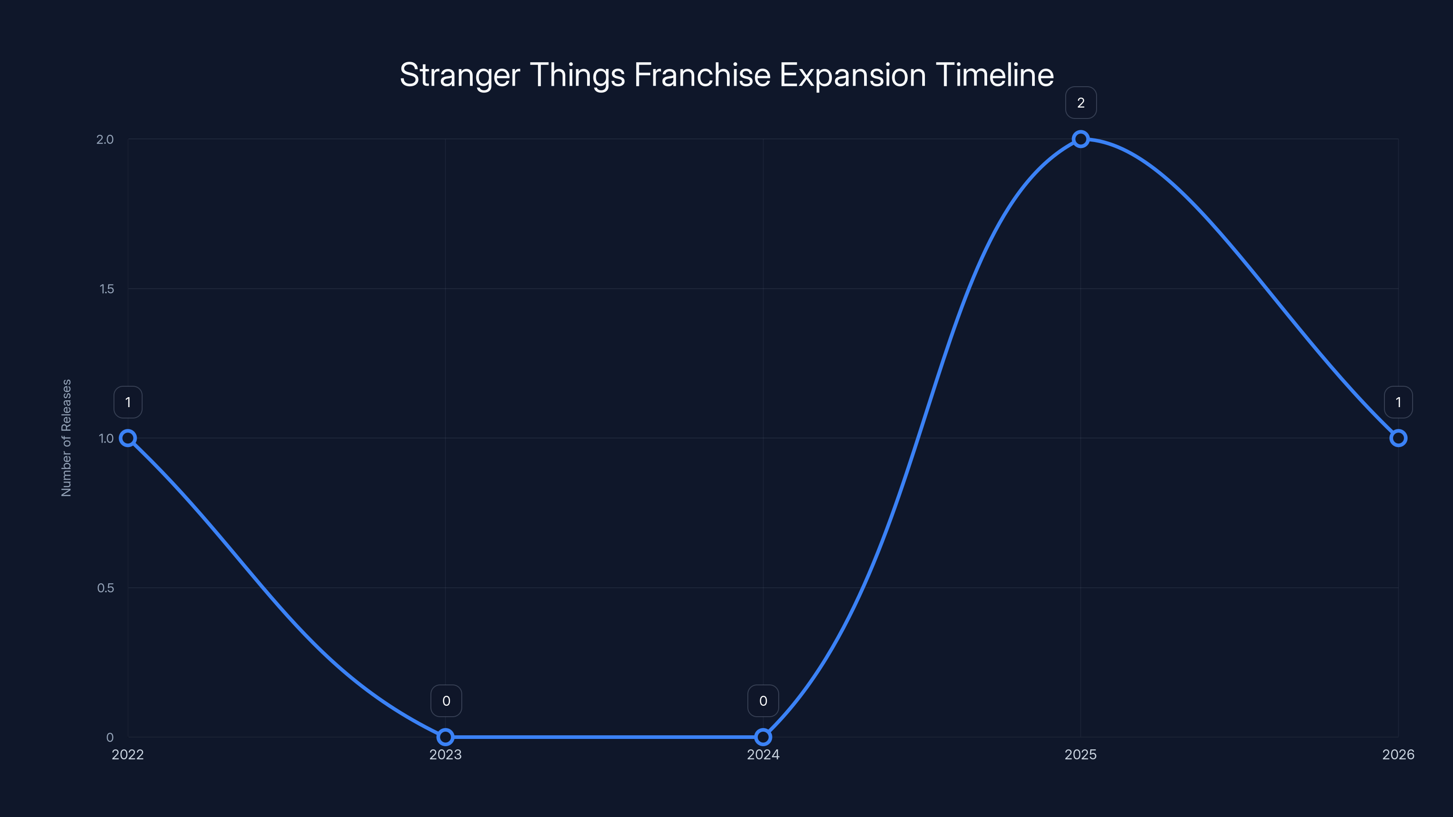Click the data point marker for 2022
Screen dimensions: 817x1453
point(128,438)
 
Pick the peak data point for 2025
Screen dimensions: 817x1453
point(1081,139)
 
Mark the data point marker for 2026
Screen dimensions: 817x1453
point(1399,438)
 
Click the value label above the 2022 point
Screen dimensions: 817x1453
point(128,402)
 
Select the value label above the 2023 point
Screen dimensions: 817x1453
point(446,701)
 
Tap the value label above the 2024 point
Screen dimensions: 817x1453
point(763,701)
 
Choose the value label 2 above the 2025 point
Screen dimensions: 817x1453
point(1081,103)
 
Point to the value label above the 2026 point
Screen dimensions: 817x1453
point(1399,402)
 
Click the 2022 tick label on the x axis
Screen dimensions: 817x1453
point(128,754)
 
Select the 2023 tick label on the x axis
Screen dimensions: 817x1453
point(445,754)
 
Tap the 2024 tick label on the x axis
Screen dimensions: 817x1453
point(763,754)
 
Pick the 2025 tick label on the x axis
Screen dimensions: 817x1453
point(1081,754)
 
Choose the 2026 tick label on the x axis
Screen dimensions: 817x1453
point(1399,754)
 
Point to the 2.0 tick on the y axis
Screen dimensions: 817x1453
point(105,139)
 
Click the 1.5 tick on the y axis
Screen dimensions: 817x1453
point(107,289)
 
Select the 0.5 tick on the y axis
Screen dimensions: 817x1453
point(105,587)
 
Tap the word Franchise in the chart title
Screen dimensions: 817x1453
point(702,75)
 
